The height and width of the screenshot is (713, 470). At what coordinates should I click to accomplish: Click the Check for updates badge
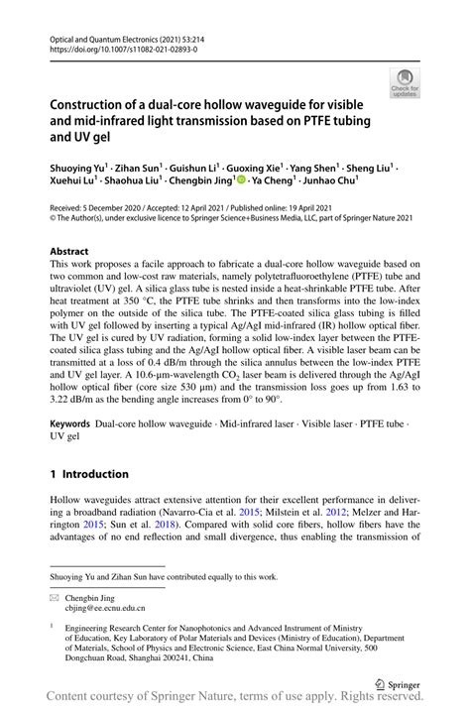[x=404, y=80]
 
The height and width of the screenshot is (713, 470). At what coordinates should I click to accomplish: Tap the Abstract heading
[x=69, y=252]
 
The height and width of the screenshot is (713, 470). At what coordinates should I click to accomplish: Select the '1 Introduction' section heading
[x=89, y=474]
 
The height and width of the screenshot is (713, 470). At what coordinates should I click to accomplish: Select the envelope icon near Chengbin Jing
[x=56, y=598]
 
